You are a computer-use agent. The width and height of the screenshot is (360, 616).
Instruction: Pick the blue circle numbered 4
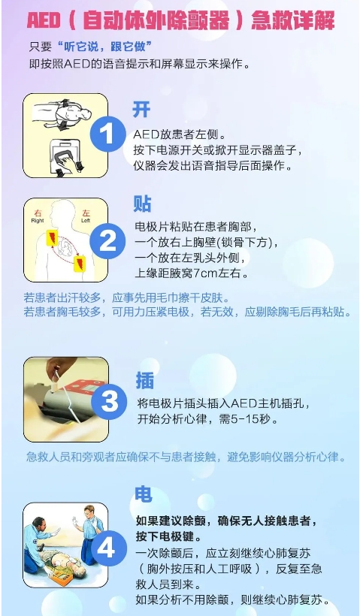click(106, 548)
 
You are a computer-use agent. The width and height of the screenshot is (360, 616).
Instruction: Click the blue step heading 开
click(141, 109)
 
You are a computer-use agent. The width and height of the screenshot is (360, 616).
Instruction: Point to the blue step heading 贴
click(142, 204)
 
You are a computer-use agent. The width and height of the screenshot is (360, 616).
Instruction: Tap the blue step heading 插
click(144, 380)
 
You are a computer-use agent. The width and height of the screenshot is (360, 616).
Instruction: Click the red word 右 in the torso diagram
click(38, 213)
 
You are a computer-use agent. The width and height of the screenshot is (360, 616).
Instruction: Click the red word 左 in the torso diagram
click(86, 213)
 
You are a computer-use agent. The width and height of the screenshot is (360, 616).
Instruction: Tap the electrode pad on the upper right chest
click(53, 237)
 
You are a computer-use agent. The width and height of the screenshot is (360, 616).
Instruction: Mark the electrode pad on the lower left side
click(80, 263)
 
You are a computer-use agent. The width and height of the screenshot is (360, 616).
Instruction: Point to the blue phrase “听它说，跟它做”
click(104, 47)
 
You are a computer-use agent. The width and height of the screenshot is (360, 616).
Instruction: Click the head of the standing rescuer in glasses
click(89, 512)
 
